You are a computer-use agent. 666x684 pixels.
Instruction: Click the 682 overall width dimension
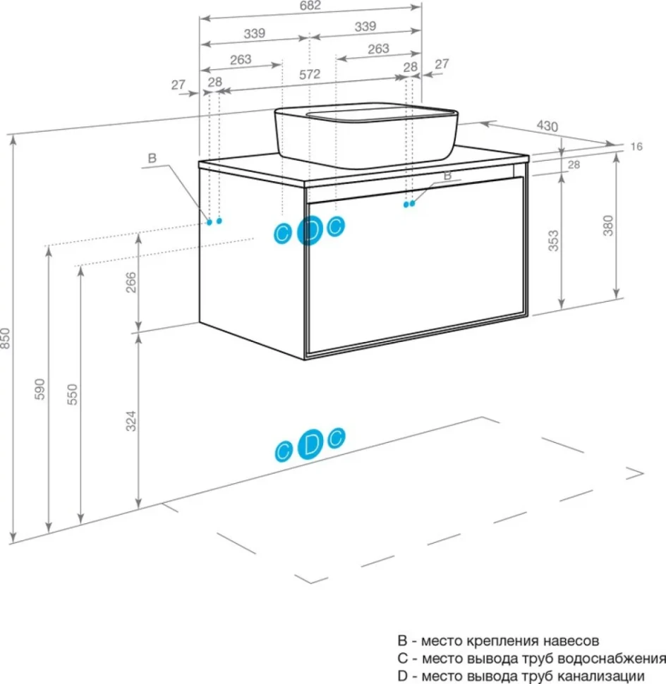tap(310, 5)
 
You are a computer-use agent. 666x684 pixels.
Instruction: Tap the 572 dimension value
tap(310, 75)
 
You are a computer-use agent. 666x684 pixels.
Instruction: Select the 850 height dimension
tap(5, 338)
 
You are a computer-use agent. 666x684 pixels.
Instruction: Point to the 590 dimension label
tap(40, 389)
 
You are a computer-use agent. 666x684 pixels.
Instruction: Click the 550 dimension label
tap(72, 394)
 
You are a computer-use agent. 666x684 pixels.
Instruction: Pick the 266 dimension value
tap(131, 282)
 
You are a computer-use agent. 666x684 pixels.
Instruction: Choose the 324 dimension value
tap(131, 422)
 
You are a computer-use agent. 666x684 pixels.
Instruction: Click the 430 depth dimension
tap(547, 126)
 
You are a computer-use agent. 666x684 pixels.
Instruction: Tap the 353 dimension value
tap(553, 240)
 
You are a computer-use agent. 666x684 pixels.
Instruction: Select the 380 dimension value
tap(608, 226)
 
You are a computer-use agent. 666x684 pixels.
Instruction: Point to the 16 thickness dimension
tap(636, 147)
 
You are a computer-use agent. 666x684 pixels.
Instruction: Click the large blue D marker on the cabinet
tap(310, 231)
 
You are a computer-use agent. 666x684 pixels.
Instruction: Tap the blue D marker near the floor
tap(310, 444)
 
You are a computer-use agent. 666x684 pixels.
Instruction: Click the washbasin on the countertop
tap(365, 135)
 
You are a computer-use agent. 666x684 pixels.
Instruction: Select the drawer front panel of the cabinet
tap(416, 264)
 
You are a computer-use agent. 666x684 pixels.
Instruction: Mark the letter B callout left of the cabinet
tap(152, 158)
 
